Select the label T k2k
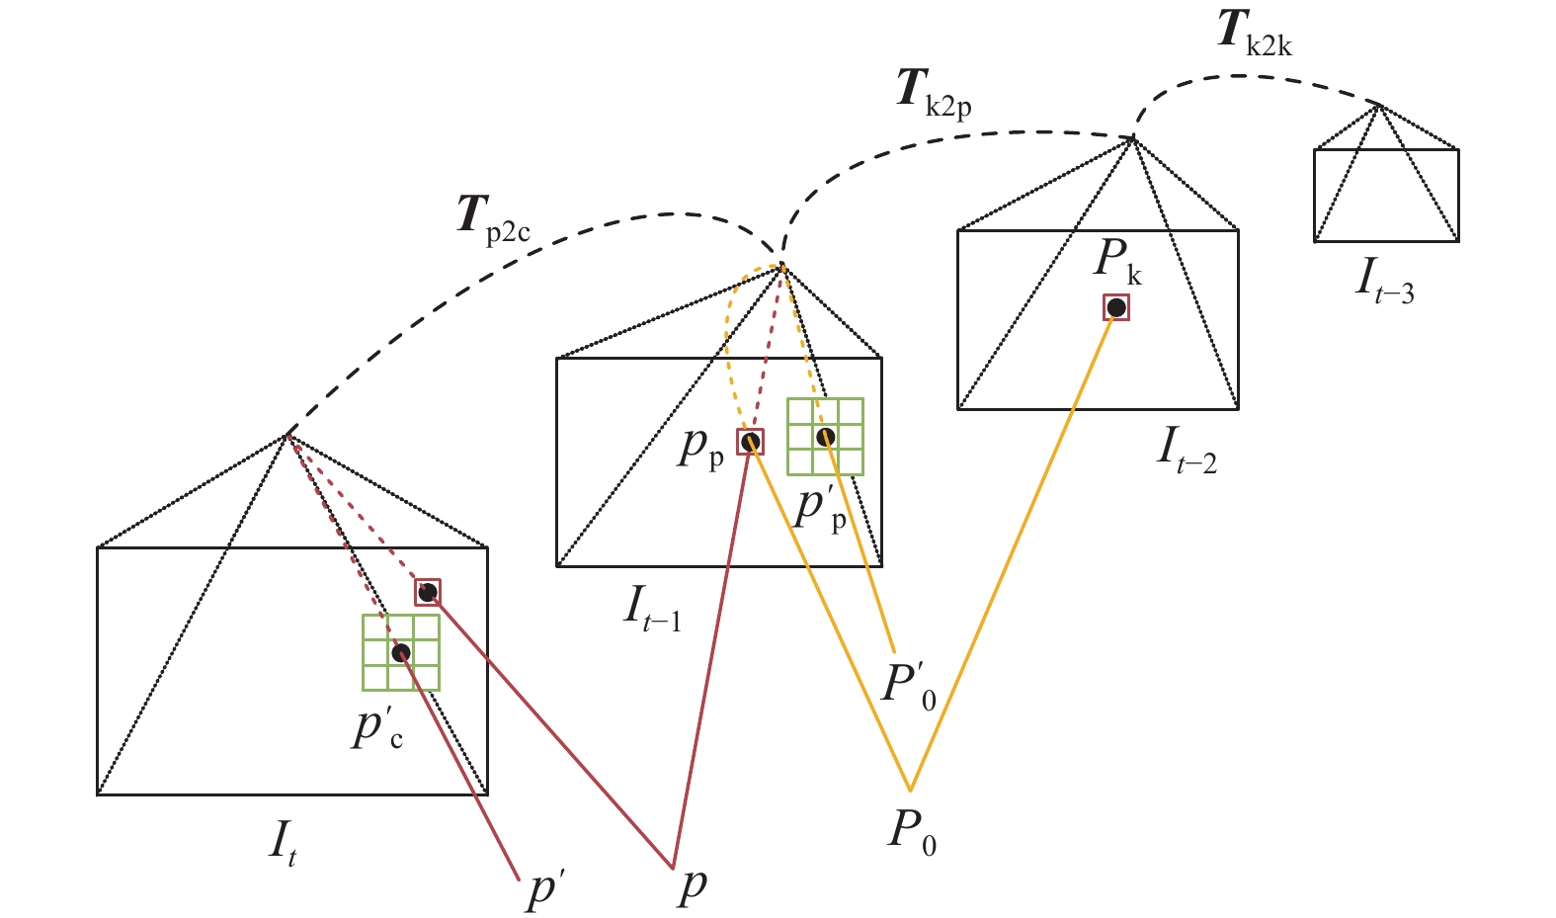1254,33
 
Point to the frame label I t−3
1384,281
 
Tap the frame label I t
283,843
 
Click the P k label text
1117,261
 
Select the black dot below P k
1116,308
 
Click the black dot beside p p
751,442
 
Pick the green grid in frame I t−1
826,437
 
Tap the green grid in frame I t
401,652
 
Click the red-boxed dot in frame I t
428,592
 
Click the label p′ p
820,508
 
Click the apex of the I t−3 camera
1378,105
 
